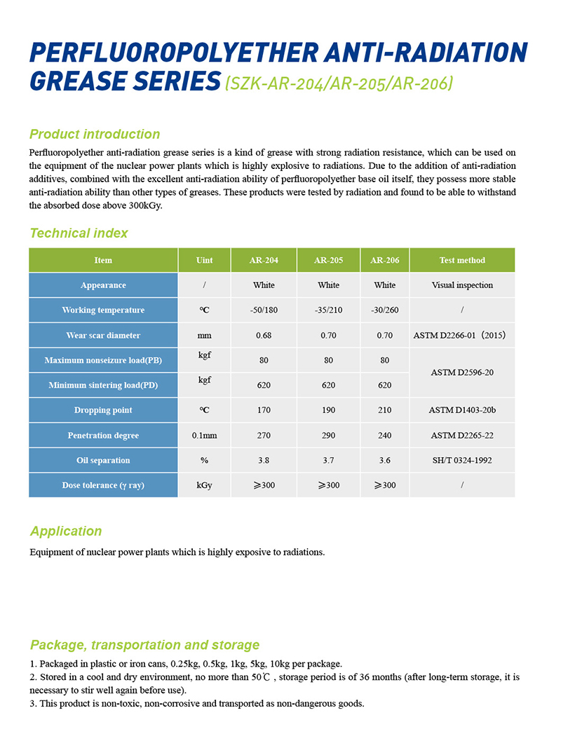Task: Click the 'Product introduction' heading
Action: click(x=95, y=134)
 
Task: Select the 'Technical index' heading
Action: click(x=79, y=233)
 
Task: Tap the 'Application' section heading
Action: click(x=65, y=531)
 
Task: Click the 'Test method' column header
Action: click(x=462, y=260)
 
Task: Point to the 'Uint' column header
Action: click(x=204, y=260)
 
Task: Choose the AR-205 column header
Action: click(x=328, y=260)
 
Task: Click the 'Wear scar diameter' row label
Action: click(x=103, y=335)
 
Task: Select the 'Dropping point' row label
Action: click(x=103, y=410)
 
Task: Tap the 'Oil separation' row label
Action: click(x=103, y=461)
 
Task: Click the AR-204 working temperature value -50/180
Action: click(x=264, y=310)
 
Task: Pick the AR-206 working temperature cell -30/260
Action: click(x=384, y=310)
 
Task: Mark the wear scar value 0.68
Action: click(x=264, y=335)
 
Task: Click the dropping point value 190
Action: click(x=328, y=410)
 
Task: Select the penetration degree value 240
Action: click(x=384, y=435)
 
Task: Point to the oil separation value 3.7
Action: click(x=328, y=461)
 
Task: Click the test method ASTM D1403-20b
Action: click(x=462, y=410)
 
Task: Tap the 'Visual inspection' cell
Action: click(x=462, y=285)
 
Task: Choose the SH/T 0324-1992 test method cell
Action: click(x=462, y=461)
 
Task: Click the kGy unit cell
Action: click(x=204, y=485)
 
